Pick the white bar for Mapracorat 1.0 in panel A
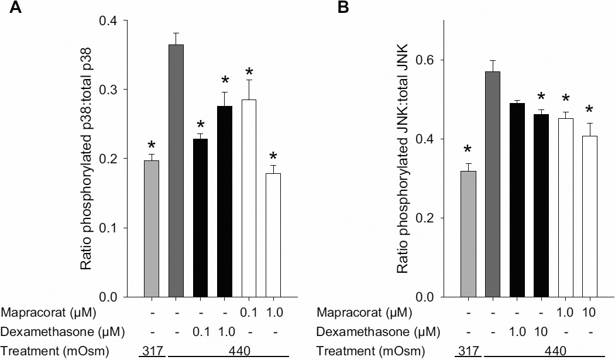point(273,234)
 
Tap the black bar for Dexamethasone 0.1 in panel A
point(200,217)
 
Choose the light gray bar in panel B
point(468,234)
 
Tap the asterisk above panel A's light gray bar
point(152,146)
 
